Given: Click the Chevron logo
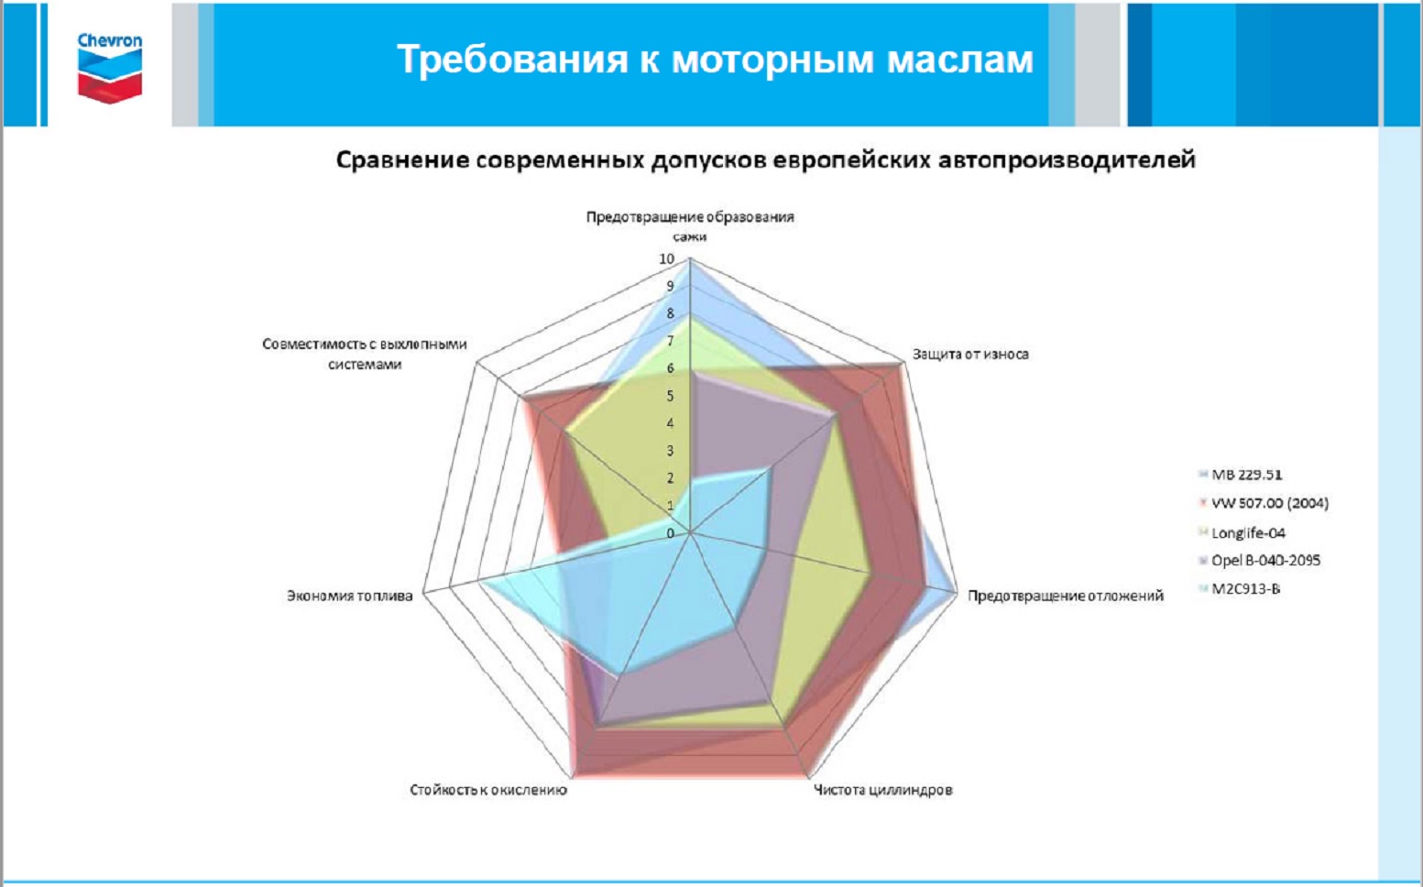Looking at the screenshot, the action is click(x=110, y=68).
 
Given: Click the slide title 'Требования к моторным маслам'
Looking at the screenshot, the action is click(x=716, y=59).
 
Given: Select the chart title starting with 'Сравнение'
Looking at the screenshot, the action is click(x=765, y=159).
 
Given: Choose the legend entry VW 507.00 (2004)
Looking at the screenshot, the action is click(x=1264, y=503).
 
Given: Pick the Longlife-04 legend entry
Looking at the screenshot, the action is click(x=1242, y=532).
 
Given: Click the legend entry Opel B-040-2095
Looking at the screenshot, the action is click(x=1259, y=561).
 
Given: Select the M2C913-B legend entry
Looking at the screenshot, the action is click(x=1240, y=588).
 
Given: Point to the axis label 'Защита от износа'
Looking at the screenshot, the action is click(x=970, y=354).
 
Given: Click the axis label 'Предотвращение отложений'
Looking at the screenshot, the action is click(x=1066, y=596).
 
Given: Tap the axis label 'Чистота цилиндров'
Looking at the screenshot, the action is click(x=883, y=790).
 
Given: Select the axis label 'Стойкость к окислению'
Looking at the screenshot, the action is click(x=487, y=790).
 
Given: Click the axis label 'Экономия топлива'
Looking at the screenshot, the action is click(x=349, y=596).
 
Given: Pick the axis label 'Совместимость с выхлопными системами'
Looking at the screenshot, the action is click(x=365, y=354).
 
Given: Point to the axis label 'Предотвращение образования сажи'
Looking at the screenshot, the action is click(x=690, y=226).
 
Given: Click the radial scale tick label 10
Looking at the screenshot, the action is click(x=666, y=258).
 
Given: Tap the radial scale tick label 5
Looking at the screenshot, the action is click(x=670, y=396).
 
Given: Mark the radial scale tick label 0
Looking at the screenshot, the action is click(x=670, y=533).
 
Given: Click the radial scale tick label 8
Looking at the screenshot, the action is click(x=670, y=314).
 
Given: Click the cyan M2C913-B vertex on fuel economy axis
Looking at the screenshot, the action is click(x=481, y=582).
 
